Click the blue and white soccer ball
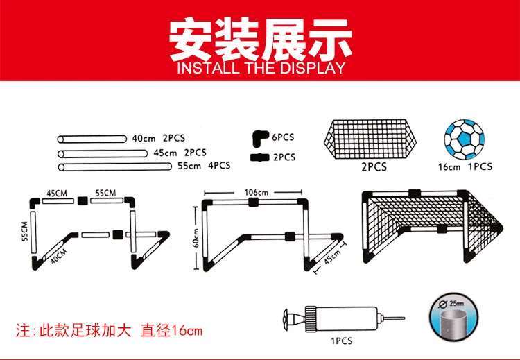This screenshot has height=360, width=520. (x=465, y=139)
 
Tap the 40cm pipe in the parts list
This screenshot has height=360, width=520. (x=92, y=139)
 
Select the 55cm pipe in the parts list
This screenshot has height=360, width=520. (x=114, y=166)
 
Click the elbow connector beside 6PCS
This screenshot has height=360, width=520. (x=260, y=138)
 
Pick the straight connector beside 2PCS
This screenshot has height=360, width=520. (x=259, y=157)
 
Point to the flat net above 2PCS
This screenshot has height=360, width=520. (x=370, y=139)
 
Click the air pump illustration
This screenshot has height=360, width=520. (x=344, y=319)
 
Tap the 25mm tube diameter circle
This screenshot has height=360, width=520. (x=453, y=317)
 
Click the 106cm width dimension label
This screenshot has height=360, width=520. (x=256, y=192)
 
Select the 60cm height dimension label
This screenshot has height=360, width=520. (x=196, y=238)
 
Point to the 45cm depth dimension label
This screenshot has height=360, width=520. (x=332, y=257)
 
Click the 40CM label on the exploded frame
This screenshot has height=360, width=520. (x=60, y=256)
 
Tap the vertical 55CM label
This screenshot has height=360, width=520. (x=25, y=231)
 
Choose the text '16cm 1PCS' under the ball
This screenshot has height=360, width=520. (x=465, y=166)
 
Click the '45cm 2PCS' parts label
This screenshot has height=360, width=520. (x=180, y=153)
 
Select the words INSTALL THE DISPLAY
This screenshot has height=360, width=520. (x=261, y=68)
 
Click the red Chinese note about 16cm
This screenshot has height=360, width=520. (x=109, y=330)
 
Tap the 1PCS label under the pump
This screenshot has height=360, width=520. (x=342, y=341)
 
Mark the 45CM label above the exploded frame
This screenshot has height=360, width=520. (x=57, y=193)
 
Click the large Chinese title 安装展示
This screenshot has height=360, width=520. (x=260, y=40)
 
